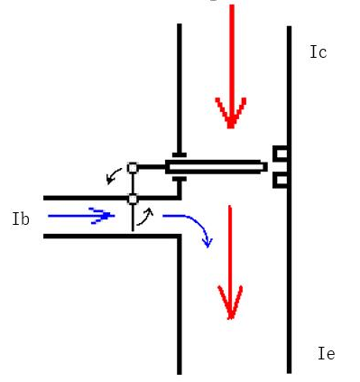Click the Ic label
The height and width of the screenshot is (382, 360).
[318, 52]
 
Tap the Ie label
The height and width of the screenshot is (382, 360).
[327, 353]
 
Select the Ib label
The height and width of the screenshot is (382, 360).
[21, 219]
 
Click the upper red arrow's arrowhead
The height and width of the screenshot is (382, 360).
[231, 113]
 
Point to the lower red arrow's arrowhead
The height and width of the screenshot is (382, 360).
[230, 302]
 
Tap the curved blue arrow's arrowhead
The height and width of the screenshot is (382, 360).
[208, 242]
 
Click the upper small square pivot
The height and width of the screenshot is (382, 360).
[133, 168]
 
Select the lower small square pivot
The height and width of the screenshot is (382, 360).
[133, 199]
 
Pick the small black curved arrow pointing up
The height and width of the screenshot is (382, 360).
[145, 217]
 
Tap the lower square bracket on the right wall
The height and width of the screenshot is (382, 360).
[281, 181]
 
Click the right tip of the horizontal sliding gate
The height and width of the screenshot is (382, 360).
[267, 167]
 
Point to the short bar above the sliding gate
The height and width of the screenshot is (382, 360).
[180, 155]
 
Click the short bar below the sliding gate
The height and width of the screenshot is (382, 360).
[180, 179]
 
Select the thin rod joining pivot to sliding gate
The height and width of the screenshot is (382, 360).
[152, 167]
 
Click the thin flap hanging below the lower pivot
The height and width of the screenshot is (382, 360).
[133, 218]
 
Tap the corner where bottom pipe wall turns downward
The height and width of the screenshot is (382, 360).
[180, 237]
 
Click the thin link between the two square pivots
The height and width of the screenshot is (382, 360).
[133, 183]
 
